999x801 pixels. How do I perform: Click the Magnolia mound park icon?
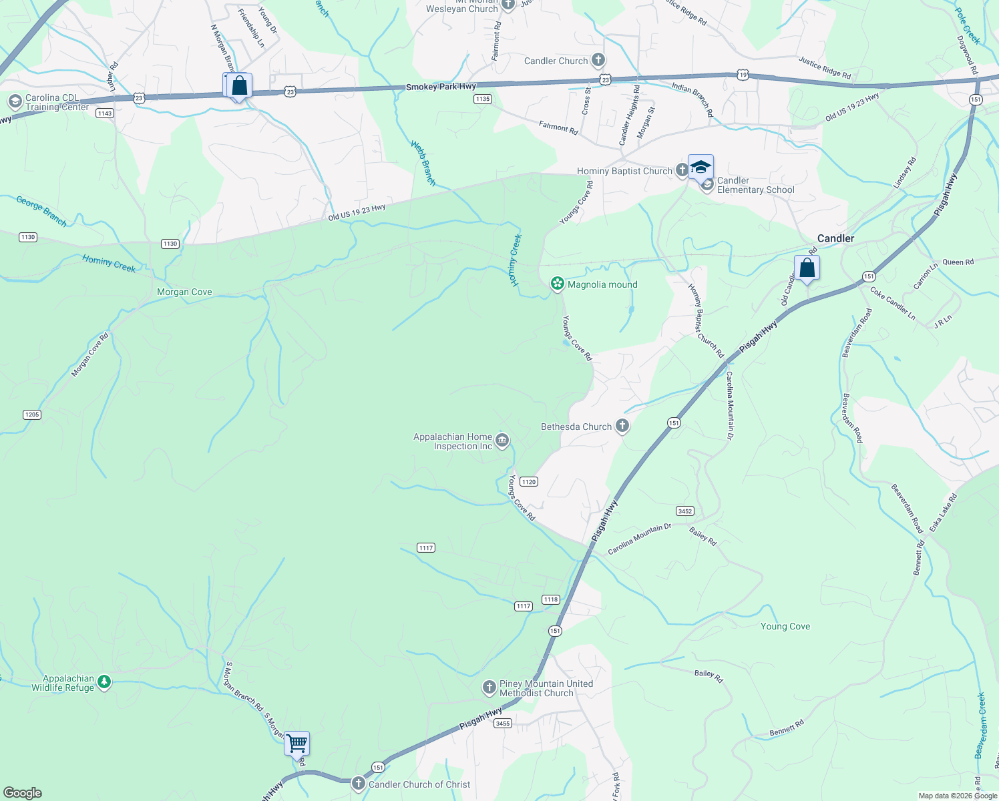(x=557, y=284)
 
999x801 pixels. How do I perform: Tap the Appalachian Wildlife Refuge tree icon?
(x=104, y=682)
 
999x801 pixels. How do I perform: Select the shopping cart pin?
(x=296, y=743)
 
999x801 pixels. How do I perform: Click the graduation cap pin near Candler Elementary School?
(x=701, y=167)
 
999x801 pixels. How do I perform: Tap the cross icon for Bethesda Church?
(x=622, y=426)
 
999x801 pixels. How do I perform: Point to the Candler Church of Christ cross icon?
(x=359, y=784)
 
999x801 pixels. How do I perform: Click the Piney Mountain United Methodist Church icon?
(x=489, y=688)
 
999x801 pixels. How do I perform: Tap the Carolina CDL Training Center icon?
(x=15, y=102)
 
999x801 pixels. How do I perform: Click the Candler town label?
(x=835, y=238)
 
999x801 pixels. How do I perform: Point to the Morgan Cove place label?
(x=184, y=292)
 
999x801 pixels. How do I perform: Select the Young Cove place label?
(x=785, y=626)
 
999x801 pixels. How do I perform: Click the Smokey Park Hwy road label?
(x=441, y=87)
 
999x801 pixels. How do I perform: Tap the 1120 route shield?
(x=529, y=482)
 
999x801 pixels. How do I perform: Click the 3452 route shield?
(x=685, y=511)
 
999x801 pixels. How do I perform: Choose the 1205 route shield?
(x=32, y=415)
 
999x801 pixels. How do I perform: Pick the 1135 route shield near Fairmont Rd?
(x=483, y=99)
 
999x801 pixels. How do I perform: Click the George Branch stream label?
(x=41, y=211)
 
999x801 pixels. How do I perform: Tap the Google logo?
(x=22, y=793)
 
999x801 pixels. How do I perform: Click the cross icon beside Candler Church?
(x=598, y=61)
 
